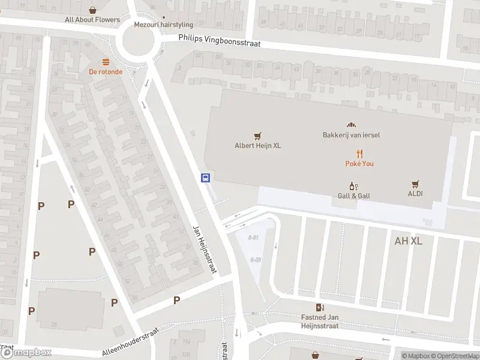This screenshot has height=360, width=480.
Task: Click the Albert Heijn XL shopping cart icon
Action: [x=257, y=136]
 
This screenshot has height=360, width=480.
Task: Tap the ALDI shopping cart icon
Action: [x=415, y=185]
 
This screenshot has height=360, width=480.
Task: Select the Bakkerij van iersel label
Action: [x=351, y=135]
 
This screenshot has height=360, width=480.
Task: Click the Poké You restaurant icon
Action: [x=359, y=154]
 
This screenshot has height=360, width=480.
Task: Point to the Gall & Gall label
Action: [x=353, y=196]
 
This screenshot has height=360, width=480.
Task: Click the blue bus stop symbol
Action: [x=205, y=178]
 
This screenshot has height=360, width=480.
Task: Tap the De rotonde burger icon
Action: [x=106, y=62]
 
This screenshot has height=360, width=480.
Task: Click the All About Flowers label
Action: [x=92, y=20]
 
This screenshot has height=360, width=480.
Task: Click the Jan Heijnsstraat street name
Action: [x=204, y=251]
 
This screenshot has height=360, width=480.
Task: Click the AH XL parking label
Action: [x=409, y=241]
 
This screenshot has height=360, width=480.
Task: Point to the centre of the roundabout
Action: [x=139, y=41]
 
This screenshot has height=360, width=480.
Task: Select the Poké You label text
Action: [x=359, y=164]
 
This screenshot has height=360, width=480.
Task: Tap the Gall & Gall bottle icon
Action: [x=353, y=187]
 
